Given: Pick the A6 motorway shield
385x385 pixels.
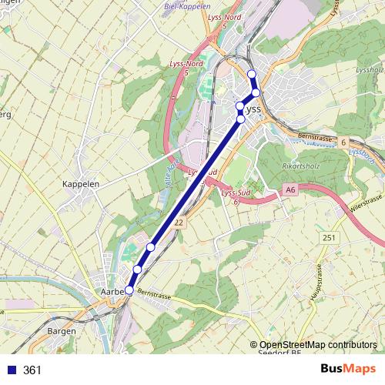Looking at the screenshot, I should (x=290, y=189).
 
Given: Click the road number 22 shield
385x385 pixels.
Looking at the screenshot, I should (x=179, y=222).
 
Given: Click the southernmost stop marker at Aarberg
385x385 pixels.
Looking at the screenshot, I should (x=129, y=290).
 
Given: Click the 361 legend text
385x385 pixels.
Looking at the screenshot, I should (x=32, y=370).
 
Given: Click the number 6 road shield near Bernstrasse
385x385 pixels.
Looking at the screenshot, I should (x=343, y=142).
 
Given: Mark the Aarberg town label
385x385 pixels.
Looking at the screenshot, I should (x=113, y=293).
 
